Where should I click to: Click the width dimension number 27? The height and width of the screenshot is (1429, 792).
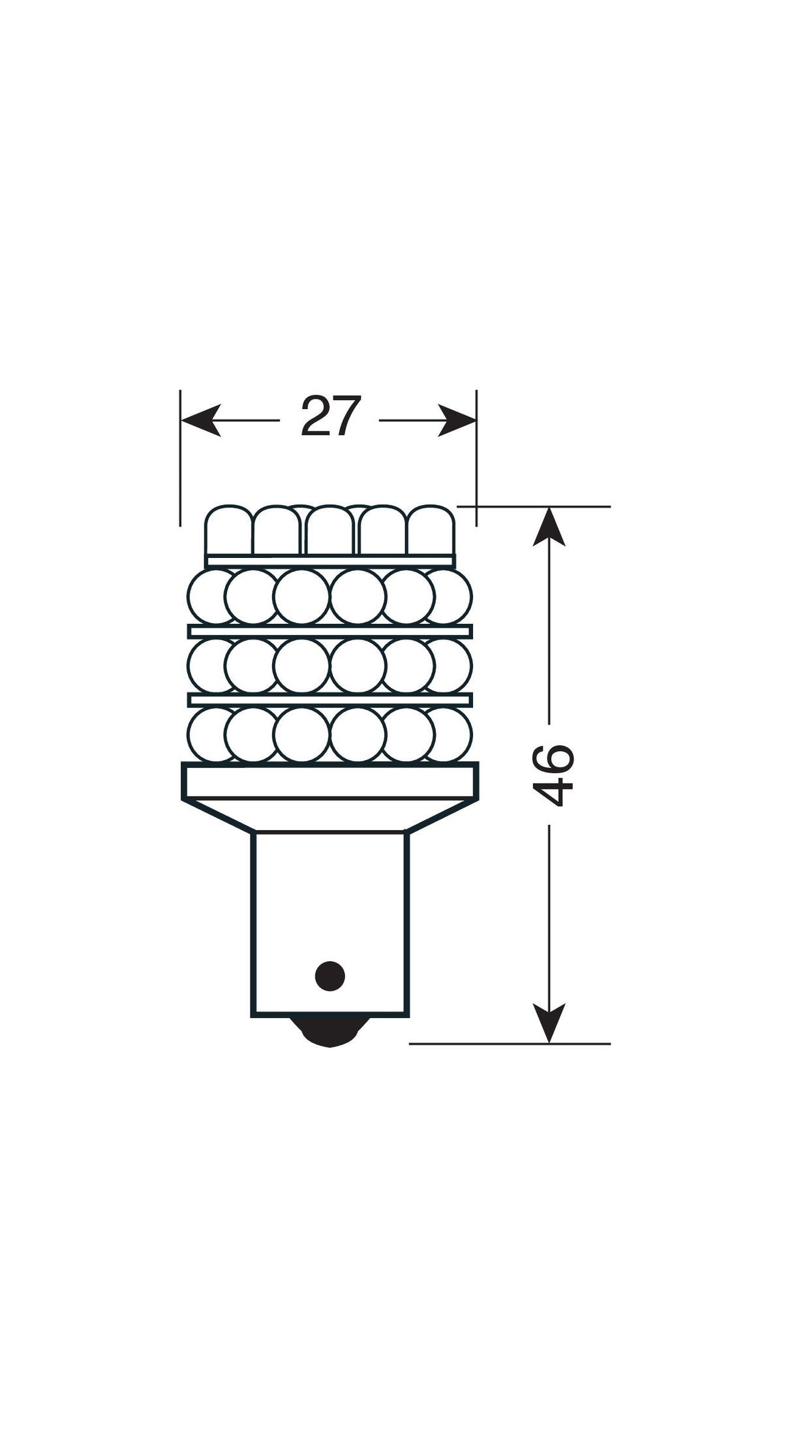pyautogui.click(x=330, y=418)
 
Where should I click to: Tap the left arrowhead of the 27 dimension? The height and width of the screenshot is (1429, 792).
pyautogui.click(x=200, y=420)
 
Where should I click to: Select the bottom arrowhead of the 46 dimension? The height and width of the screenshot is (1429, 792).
pyautogui.click(x=549, y=1023)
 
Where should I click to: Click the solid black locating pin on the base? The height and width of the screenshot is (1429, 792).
pyautogui.click(x=329, y=976)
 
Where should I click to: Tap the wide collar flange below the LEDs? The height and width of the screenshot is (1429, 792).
pyautogui.click(x=330, y=782)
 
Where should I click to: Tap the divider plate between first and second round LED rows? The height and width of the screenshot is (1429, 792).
pyautogui.click(x=330, y=631)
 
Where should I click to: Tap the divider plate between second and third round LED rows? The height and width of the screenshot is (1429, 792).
pyautogui.click(x=330, y=700)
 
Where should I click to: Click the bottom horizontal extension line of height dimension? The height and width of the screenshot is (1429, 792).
pyautogui.click(x=509, y=1044)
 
